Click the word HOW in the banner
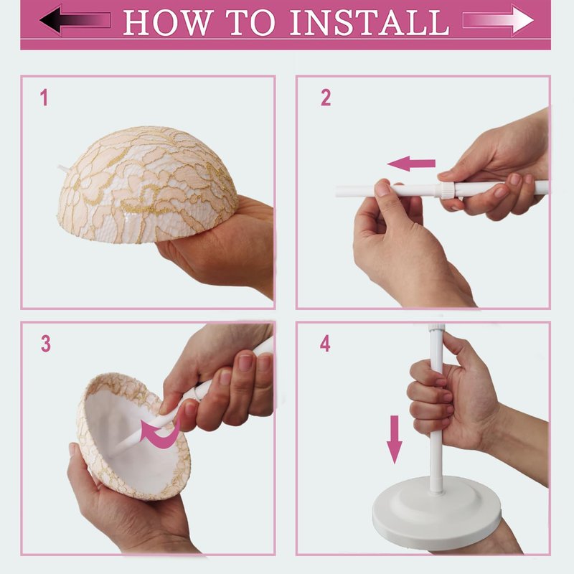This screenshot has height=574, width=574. click(169, 23)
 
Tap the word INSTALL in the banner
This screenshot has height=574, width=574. click(369, 23)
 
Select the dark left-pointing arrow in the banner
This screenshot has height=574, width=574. click(75, 20)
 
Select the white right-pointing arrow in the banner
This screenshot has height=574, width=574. click(498, 20)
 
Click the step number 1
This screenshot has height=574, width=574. click(44, 98)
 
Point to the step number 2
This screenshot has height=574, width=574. click(326, 98)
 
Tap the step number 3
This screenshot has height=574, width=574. click(46, 344)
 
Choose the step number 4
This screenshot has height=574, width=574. click(325, 344)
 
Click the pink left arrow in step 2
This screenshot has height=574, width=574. click(411, 164)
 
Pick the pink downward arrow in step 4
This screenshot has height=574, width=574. click(394, 439)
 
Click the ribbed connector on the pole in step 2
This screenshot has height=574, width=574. click(445, 190)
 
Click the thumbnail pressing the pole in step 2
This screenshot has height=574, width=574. click(383, 189)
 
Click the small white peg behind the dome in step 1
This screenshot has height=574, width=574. click(63, 169)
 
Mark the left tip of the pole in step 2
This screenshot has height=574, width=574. click(336, 192)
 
